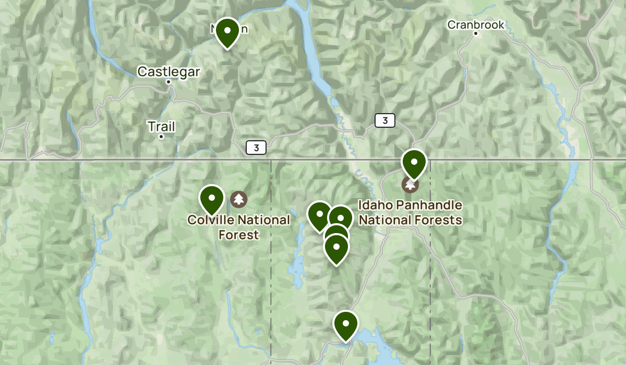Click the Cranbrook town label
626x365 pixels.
point(476,25)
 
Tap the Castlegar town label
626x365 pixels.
point(168,72)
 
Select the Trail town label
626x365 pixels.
point(161,127)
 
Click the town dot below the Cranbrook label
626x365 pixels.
point(476,33)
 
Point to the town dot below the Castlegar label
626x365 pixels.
point(168,82)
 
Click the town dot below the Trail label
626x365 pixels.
point(161,137)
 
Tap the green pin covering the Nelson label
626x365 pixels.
point(227,31)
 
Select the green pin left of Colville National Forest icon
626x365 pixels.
point(212,199)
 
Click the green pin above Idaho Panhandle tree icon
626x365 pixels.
point(414,163)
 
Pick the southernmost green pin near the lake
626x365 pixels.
point(345,324)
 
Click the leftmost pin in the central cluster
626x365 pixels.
point(319,214)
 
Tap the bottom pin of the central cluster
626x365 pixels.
point(336,249)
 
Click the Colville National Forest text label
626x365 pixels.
point(238,227)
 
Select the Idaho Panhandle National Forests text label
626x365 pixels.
point(411,213)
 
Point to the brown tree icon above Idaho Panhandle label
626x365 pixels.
point(410,184)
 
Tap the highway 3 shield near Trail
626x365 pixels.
point(256,148)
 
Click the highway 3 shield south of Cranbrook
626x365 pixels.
point(384,121)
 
